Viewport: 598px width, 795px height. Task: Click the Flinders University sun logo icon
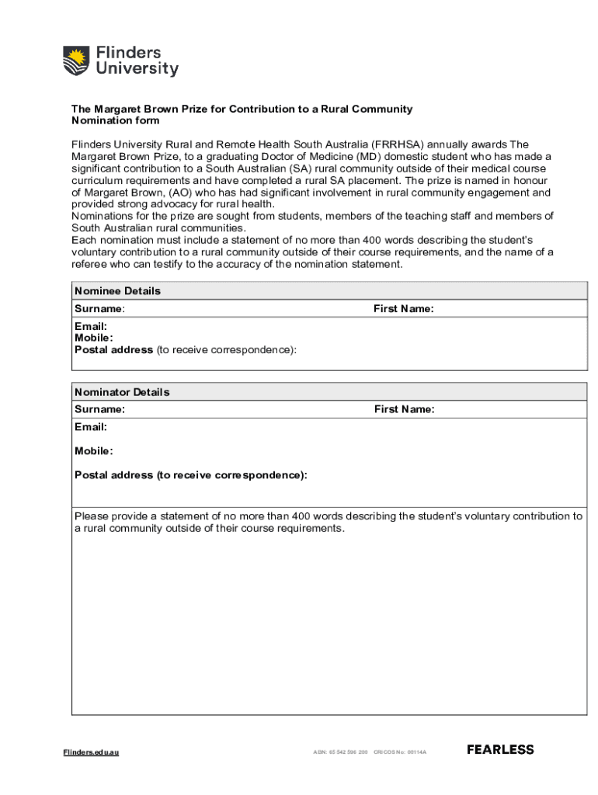(x=76, y=61)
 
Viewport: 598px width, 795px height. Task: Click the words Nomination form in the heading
(x=115, y=120)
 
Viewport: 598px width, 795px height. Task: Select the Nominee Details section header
(x=117, y=290)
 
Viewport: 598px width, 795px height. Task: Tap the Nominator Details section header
(x=122, y=392)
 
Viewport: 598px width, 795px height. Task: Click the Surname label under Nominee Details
(x=99, y=309)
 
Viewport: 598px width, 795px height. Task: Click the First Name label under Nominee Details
(x=403, y=309)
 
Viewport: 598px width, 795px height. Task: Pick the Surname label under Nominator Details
(x=99, y=409)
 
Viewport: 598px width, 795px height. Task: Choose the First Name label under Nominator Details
(x=404, y=409)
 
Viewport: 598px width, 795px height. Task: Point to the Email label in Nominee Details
(x=90, y=327)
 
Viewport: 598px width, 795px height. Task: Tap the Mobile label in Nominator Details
(x=93, y=451)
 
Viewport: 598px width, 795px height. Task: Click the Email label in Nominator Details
(x=90, y=427)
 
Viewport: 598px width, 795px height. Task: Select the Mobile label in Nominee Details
(x=93, y=338)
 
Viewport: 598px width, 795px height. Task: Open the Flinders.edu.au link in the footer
(x=91, y=752)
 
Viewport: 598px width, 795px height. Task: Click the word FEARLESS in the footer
(x=500, y=750)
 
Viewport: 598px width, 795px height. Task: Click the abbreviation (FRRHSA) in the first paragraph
(x=398, y=144)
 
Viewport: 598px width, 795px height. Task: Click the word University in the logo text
(x=137, y=69)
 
